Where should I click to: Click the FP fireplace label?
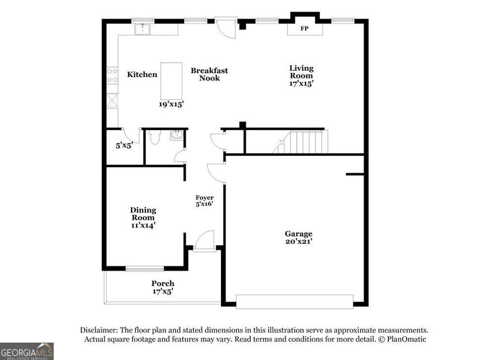coord(305,29)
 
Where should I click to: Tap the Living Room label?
coord(301,72)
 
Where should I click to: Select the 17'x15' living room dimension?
coord(301,83)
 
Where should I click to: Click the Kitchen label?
coord(142,75)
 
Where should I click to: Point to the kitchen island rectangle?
coord(171,80)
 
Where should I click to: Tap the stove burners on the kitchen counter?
coord(112,75)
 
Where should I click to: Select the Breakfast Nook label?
coord(209,74)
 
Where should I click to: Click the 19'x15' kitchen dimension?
coord(172,104)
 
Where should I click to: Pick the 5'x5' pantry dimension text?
coord(124,144)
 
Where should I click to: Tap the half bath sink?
coord(177,135)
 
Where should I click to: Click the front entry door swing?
coord(205,240)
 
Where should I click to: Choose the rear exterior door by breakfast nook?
coord(225,29)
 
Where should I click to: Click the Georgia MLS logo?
coord(27,351)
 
